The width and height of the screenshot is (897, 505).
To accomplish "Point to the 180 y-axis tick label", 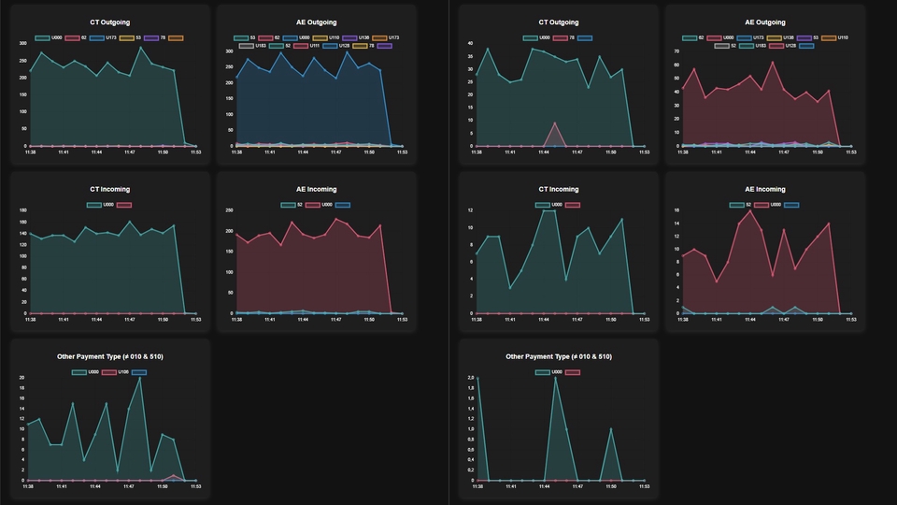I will coord(22,209).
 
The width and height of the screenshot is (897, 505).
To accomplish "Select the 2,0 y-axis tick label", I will coord(472,377).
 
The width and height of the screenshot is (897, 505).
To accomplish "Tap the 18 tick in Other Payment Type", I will coord(23,388).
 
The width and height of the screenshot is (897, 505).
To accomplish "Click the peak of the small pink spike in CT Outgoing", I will coord(555,123).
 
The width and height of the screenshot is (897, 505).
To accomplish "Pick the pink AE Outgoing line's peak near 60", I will coord(772,63).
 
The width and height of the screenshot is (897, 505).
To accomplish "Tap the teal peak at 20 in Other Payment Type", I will coord(140,378).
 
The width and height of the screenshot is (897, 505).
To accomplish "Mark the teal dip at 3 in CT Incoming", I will coord(510,288).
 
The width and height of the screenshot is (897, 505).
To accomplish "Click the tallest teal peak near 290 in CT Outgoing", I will coord(141,48).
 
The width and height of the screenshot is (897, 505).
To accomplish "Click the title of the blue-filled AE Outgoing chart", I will coord(317,22).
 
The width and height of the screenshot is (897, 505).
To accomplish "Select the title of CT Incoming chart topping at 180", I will coord(111,189).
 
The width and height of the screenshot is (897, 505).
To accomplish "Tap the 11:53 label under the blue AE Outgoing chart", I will coord(402,152).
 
